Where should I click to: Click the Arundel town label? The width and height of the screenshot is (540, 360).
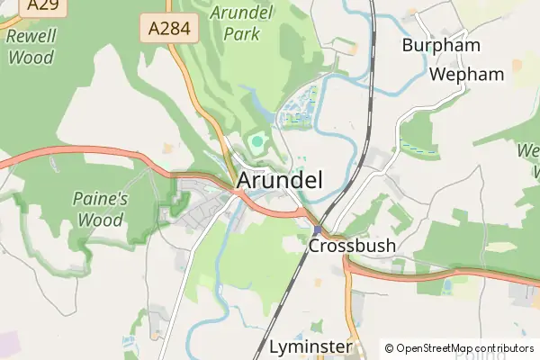pos(279,180)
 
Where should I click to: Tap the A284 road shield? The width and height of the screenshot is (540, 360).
pos(169,28)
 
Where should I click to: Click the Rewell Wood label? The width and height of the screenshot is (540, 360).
pos(31,46)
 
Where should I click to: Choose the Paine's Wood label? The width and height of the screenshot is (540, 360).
pos(100,208)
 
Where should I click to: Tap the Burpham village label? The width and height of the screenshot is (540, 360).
pos(441,45)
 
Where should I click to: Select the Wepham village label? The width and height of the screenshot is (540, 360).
pos(466,74)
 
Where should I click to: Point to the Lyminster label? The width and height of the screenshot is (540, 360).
pos(309,347)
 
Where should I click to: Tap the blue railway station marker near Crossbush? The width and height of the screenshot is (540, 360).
pos(317,230)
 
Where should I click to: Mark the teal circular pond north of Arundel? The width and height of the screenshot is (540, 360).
pos(258,141)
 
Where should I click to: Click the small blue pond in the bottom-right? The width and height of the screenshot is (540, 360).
pos(447,285)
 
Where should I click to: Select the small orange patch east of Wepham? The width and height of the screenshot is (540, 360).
pos(517,65)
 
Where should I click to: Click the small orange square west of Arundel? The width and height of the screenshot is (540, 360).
pos(167,147)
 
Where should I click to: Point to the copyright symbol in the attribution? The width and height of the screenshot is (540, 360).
pos(389,348)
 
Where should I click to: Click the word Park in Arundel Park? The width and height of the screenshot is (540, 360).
pos(242,34)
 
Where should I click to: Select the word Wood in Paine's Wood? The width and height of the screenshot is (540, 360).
pos(100,219)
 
